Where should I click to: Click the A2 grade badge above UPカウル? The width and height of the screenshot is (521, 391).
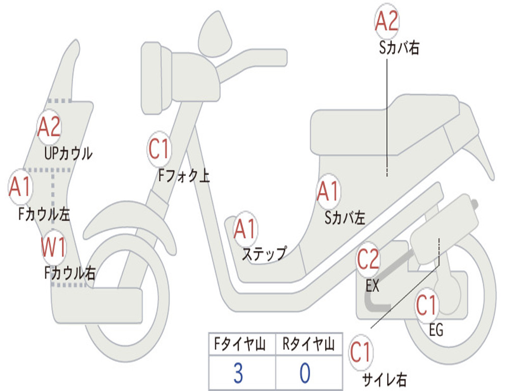click(x=49, y=127)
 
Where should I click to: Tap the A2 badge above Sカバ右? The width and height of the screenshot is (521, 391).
click(x=387, y=20)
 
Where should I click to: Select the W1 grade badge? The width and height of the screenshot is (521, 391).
click(x=53, y=247)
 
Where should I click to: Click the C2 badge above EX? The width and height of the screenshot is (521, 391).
click(x=368, y=259)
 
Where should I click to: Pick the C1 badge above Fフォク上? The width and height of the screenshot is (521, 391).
click(x=159, y=149)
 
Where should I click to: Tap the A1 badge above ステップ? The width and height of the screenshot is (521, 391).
click(x=245, y=229)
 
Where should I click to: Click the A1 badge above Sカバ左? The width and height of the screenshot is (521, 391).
click(x=328, y=191)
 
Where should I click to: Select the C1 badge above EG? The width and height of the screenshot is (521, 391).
click(x=426, y=305)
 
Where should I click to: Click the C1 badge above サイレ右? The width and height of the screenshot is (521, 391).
click(x=361, y=352)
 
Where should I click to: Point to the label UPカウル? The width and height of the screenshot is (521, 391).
click(x=68, y=154)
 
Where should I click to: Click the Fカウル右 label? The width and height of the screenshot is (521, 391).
click(x=70, y=273)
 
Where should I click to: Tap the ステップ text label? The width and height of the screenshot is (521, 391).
click(x=265, y=254)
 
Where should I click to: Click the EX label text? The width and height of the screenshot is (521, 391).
click(x=372, y=285)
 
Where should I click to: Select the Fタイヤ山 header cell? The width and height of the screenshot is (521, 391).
click(x=242, y=344)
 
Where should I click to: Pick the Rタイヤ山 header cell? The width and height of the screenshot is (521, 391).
click(x=309, y=344)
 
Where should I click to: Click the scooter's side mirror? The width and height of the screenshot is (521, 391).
click(x=215, y=35)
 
